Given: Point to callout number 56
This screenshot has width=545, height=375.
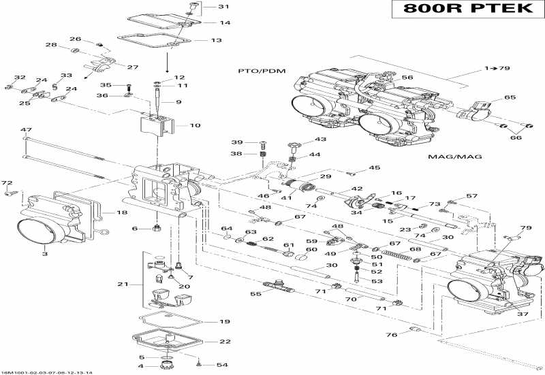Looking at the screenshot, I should click(x=407, y=78).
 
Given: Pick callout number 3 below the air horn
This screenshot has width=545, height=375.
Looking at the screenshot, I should click(x=45, y=254).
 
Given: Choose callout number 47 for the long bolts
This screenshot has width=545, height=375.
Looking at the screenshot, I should click(x=26, y=129).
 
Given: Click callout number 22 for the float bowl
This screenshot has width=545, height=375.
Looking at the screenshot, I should click(x=225, y=342).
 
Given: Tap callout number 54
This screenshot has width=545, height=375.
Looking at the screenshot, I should click(x=222, y=365).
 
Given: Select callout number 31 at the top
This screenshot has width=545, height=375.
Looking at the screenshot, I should click(x=224, y=7).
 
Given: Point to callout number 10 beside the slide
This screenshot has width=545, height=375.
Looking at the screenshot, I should click(x=195, y=125).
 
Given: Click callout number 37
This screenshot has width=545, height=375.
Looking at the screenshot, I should click(x=522, y=314).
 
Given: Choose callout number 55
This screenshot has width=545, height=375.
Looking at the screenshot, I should click(x=256, y=294).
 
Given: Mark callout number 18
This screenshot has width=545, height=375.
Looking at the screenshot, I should click(x=122, y=212).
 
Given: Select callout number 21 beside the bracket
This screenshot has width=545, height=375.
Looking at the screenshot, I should click(x=123, y=283).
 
